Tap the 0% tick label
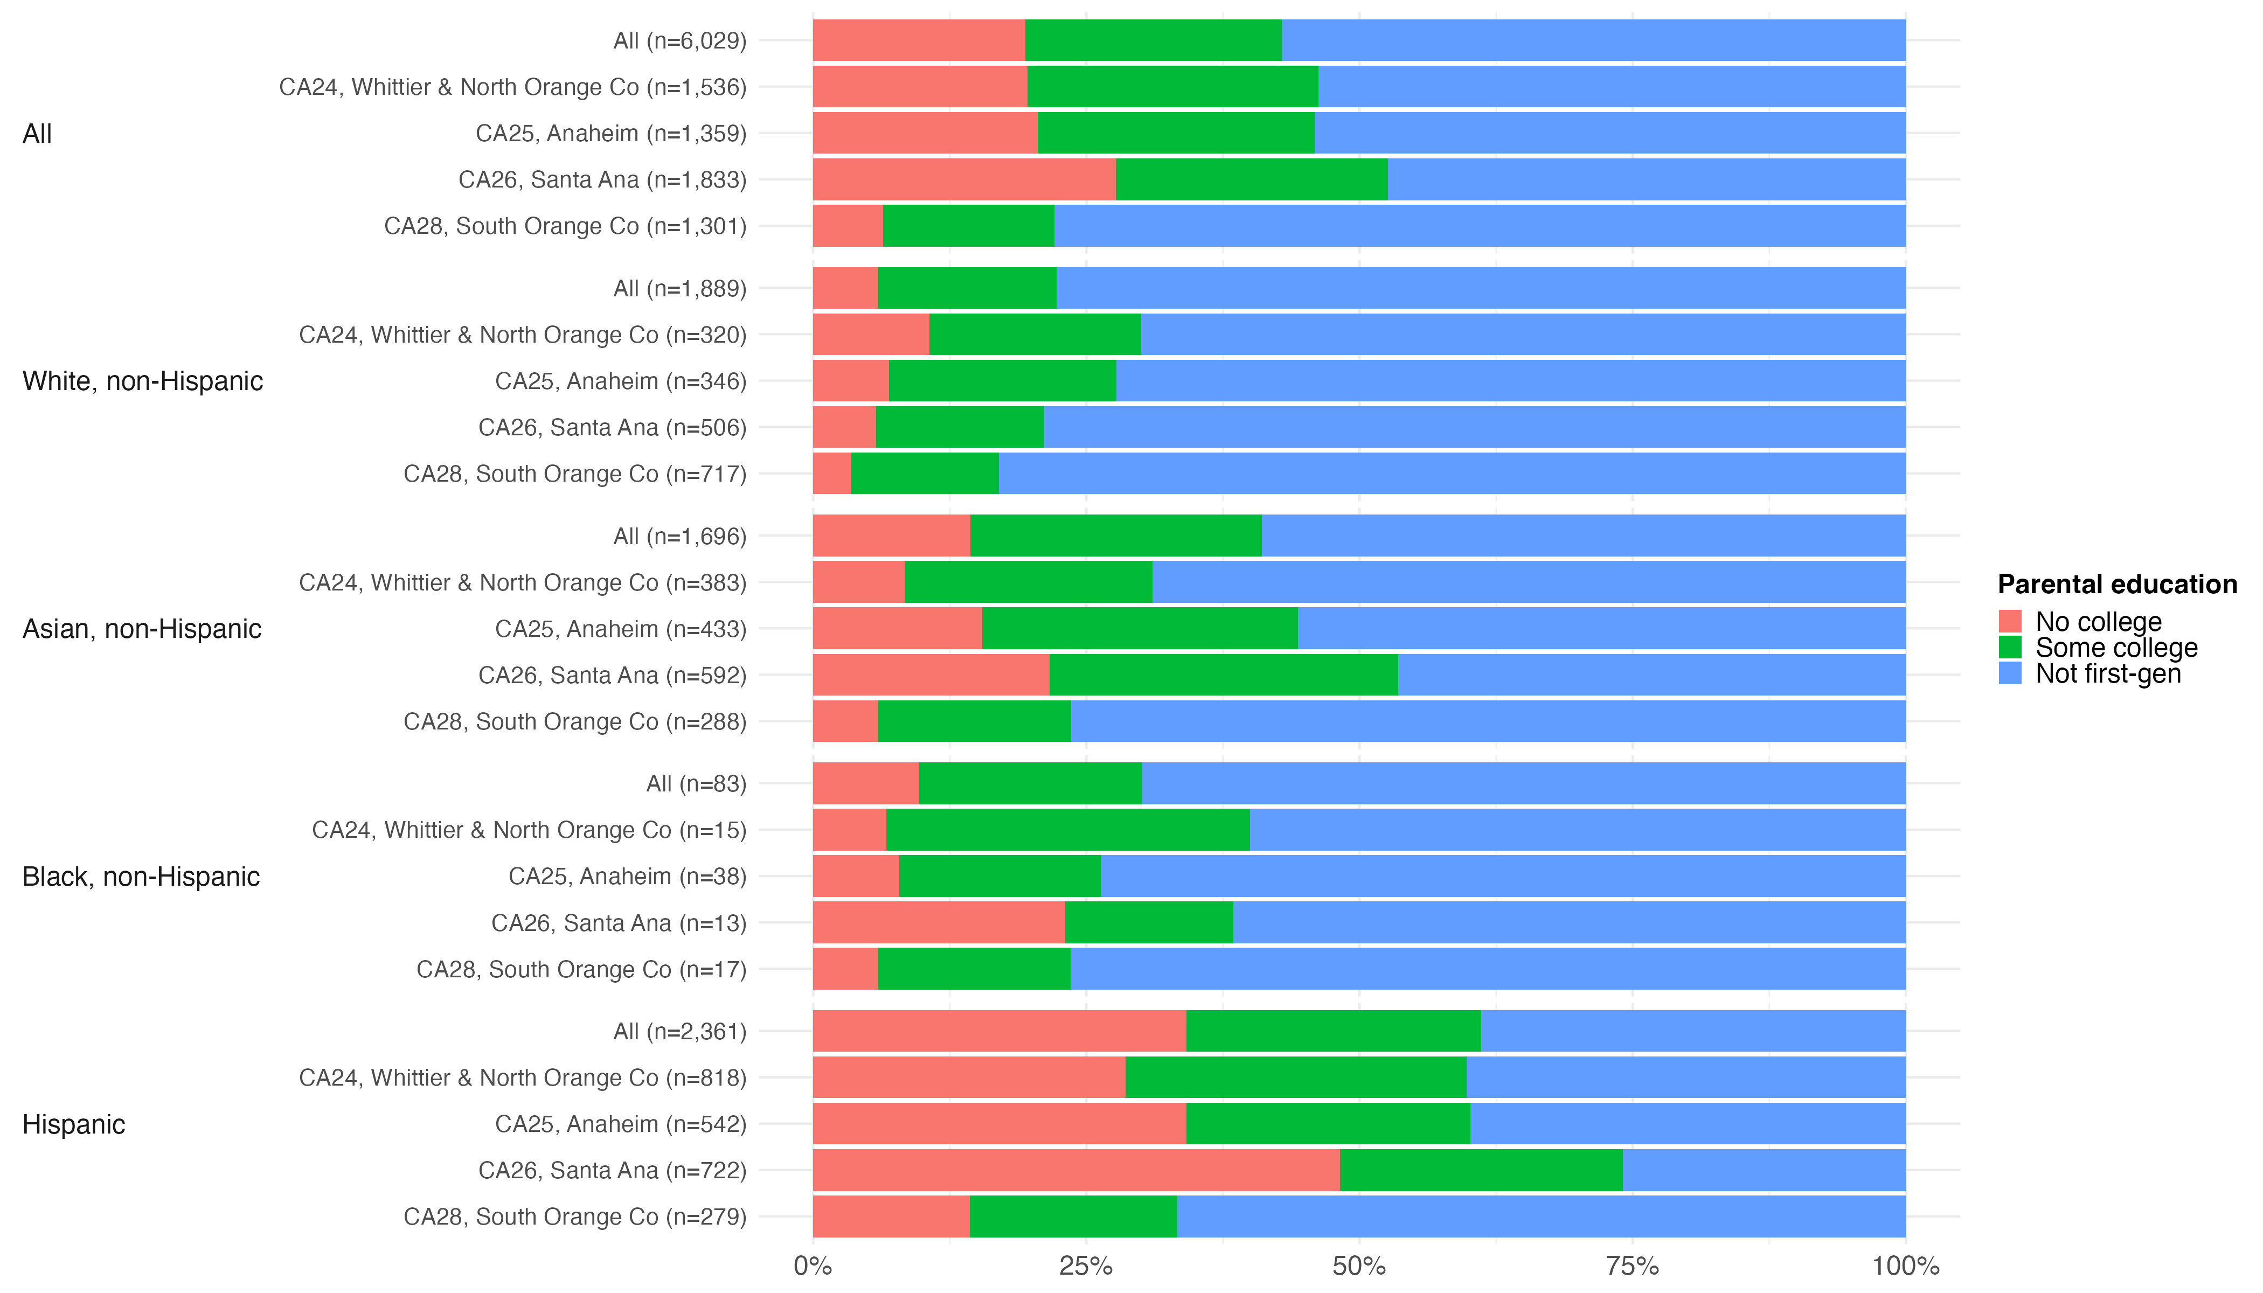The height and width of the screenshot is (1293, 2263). pyautogui.click(x=813, y=1266)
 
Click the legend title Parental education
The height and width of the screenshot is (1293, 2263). pyautogui.click(x=2116, y=585)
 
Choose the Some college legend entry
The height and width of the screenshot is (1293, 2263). pyautogui.click(x=2115, y=648)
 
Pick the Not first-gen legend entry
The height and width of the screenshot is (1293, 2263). pyautogui.click(x=2108, y=674)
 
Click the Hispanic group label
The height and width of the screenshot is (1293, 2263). pyautogui.click(x=74, y=1124)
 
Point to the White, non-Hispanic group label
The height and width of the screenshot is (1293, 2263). pyautogui.click(x=142, y=381)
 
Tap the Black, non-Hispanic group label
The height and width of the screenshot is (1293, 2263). pyautogui.click(x=140, y=877)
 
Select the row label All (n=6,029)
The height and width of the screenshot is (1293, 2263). pyautogui.click(x=679, y=41)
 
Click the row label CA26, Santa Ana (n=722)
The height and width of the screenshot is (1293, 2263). pyautogui.click(x=612, y=1171)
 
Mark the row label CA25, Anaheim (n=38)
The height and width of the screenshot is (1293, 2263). pyautogui.click(x=627, y=877)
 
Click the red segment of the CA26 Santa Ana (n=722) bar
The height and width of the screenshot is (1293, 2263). pyautogui.click(x=1075, y=1171)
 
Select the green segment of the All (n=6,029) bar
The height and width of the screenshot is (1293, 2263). pyautogui.click(x=1153, y=41)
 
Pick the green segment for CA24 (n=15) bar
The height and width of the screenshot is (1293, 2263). pyautogui.click(x=1067, y=830)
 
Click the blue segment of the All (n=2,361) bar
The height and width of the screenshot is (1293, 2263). pyautogui.click(x=1693, y=1031)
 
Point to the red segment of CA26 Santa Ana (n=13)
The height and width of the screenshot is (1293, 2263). pyautogui.click(x=939, y=923)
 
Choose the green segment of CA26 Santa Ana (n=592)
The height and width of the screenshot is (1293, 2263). pyautogui.click(x=1223, y=675)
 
